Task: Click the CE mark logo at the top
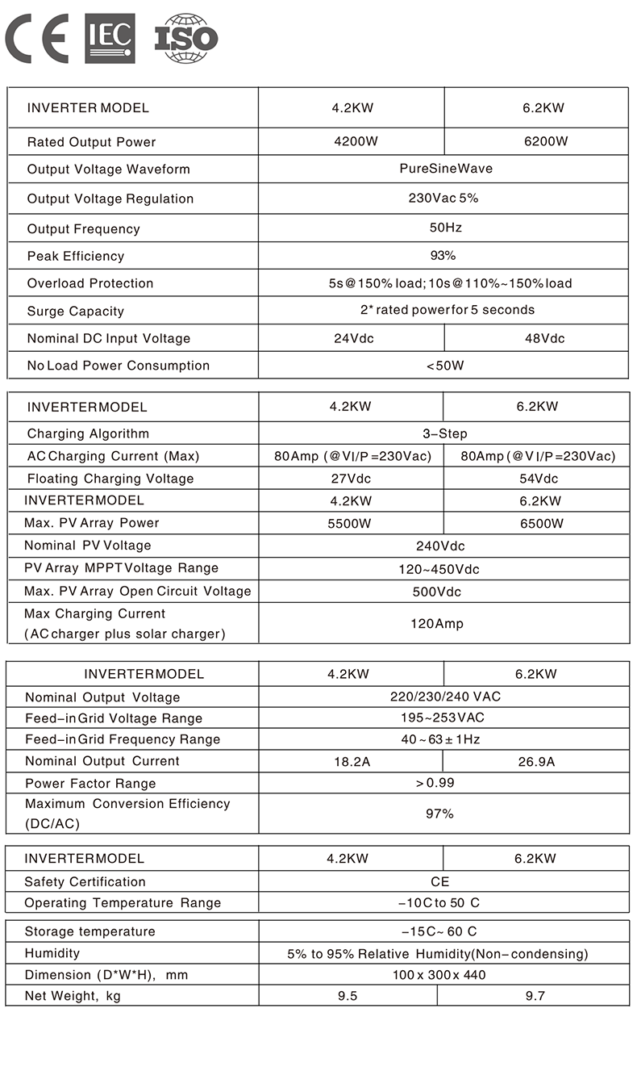tap(37, 38)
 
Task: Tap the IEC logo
tap(110, 38)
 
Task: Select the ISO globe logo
tap(186, 38)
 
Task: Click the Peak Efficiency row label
tap(76, 256)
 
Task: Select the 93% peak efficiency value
tap(443, 256)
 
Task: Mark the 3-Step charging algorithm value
tap(444, 433)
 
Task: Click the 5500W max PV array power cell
tap(349, 523)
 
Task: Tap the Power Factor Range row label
tap(90, 783)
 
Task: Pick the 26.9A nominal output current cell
tap(535, 761)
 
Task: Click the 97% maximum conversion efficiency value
tap(439, 814)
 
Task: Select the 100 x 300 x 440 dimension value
tap(439, 975)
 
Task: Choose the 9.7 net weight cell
tap(535, 996)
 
